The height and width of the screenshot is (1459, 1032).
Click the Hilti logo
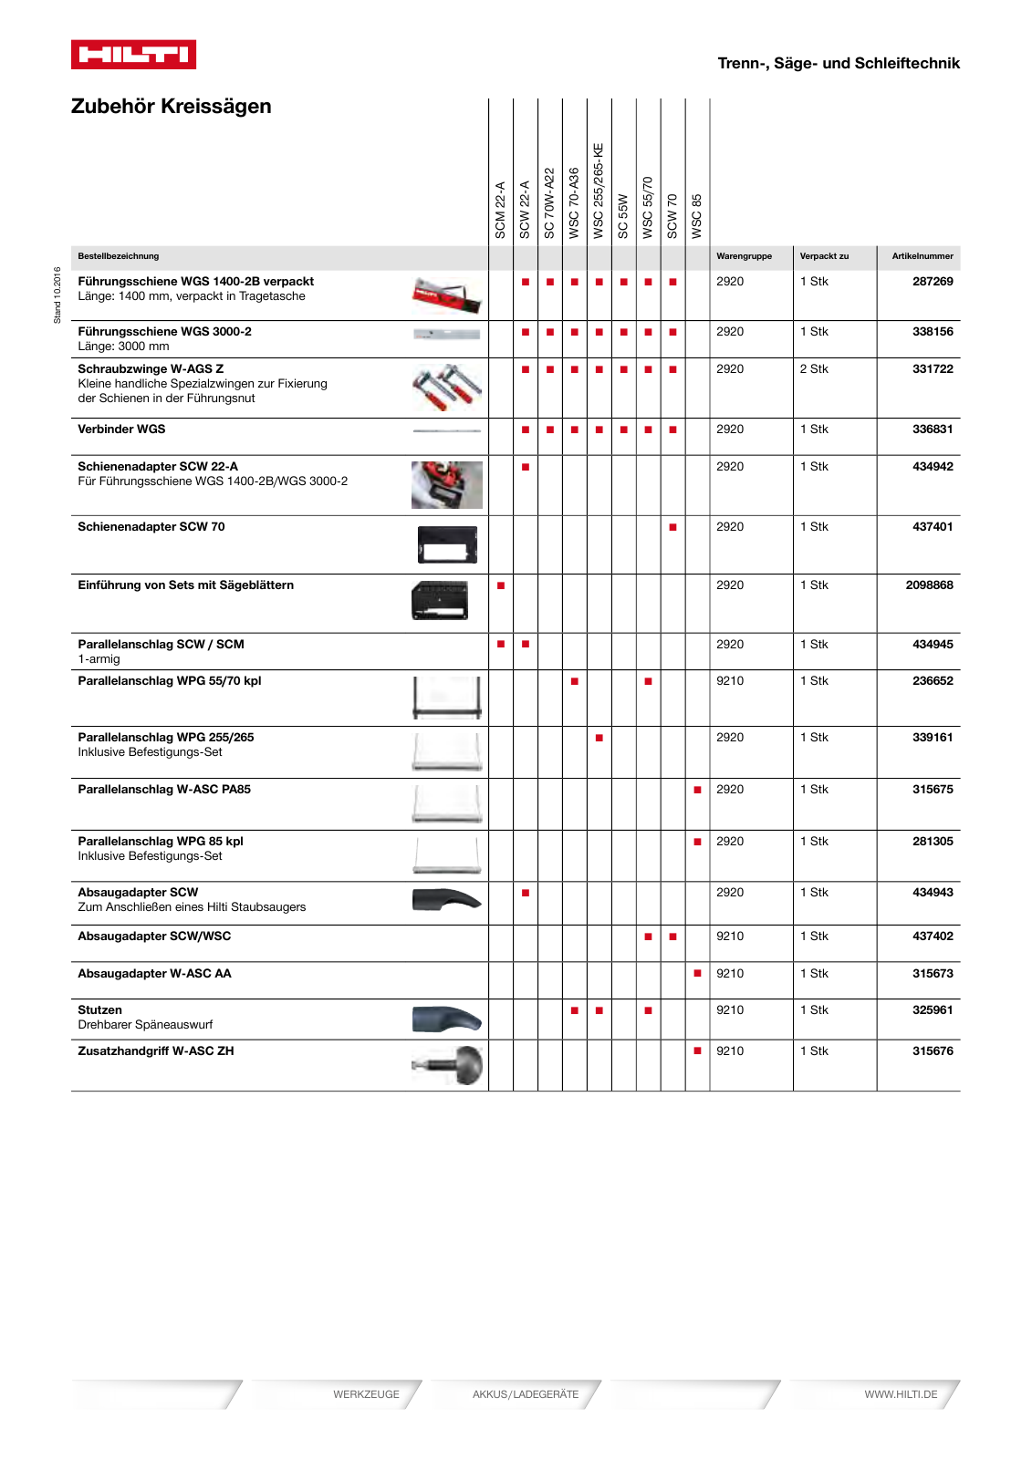tap(133, 55)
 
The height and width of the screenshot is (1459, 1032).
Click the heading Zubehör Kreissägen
tap(171, 107)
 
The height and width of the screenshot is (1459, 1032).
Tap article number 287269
tap(932, 282)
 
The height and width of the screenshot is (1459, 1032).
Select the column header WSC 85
tap(697, 216)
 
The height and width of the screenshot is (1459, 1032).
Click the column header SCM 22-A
tap(500, 210)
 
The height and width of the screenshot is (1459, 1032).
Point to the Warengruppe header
tap(744, 256)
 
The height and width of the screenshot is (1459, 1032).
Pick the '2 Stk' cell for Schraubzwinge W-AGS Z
tap(814, 369)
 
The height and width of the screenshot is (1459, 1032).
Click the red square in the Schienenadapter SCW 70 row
tap(672, 527)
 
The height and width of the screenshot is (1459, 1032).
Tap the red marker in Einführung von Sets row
tap(501, 585)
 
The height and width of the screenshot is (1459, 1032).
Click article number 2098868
tap(929, 585)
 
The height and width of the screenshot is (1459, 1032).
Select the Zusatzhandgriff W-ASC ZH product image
tap(448, 1065)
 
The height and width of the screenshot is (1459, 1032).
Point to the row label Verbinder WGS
tap(121, 429)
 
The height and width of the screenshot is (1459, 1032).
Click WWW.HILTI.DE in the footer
tap(901, 1394)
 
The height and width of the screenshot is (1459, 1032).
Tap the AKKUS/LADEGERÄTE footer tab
tap(526, 1394)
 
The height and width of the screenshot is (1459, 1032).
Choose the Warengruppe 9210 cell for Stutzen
tap(730, 1010)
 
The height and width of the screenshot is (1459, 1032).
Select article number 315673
tap(932, 974)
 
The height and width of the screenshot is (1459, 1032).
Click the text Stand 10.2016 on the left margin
tap(57, 295)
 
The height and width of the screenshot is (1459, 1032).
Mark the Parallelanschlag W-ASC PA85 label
tap(164, 790)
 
